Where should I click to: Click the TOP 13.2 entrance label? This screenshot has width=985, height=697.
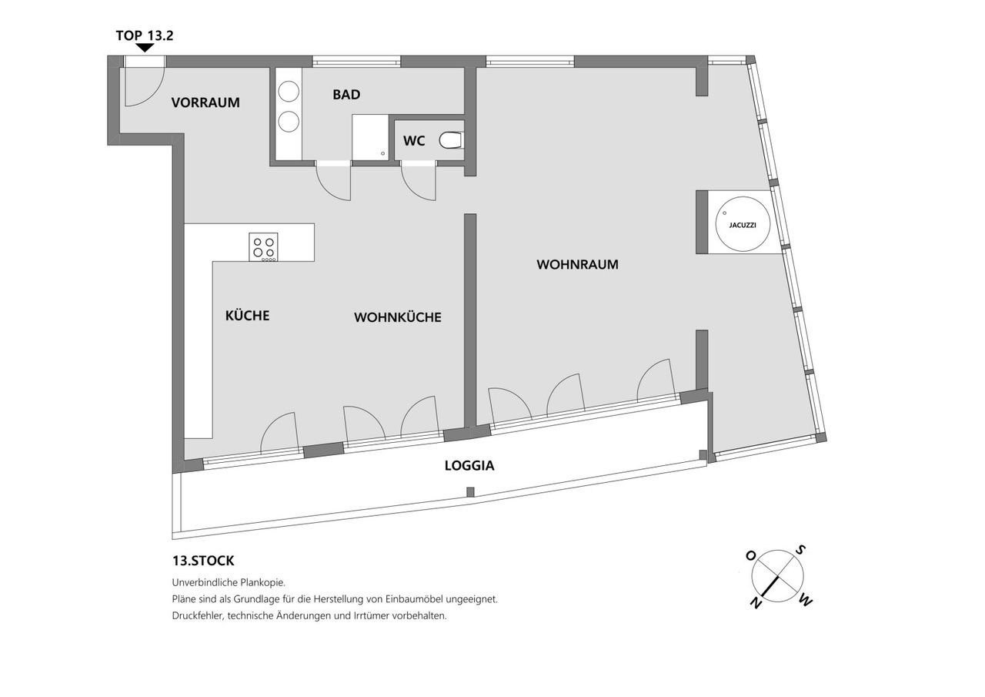pyautogui.click(x=145, y=35)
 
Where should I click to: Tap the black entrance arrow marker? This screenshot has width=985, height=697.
pyautogui.click(x=145, y=48)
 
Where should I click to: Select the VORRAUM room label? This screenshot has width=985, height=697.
pyautogui.click(x=205, y=102)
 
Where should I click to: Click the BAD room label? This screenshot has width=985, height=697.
pyautogui.click(x=346, y=95)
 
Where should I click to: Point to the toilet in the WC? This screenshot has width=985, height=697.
pyautogui.click(x=451, y=140)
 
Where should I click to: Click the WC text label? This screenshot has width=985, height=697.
pyautogui.click(x=414, y=141)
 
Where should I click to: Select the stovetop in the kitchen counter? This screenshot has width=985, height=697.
pyautogui.click(x=263, y=247)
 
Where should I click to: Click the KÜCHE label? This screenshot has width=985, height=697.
pyautogui.click(x=247, y=315)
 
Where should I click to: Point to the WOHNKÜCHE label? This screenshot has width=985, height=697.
pyautogui.click(x=398, y=317)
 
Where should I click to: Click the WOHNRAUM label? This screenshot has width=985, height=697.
pyautogui.click(x=577, y=264)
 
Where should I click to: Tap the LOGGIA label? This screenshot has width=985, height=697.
pyautogui.click(x=469, y=465)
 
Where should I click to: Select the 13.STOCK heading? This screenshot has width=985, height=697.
pyautogui.click(x=203, y=561)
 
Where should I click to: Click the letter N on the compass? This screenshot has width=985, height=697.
pyautogui.click(x=756, y=603)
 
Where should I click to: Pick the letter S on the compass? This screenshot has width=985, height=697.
pyautogui.click(x=801, y=550)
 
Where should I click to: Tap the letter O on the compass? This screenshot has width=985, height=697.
pyautogui.click(x=750, y=556)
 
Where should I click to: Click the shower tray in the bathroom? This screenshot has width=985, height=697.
pyautogui.click(x=370, y=137)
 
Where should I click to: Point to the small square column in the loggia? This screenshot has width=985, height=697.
pyautogui.click(x=470, y=492)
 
